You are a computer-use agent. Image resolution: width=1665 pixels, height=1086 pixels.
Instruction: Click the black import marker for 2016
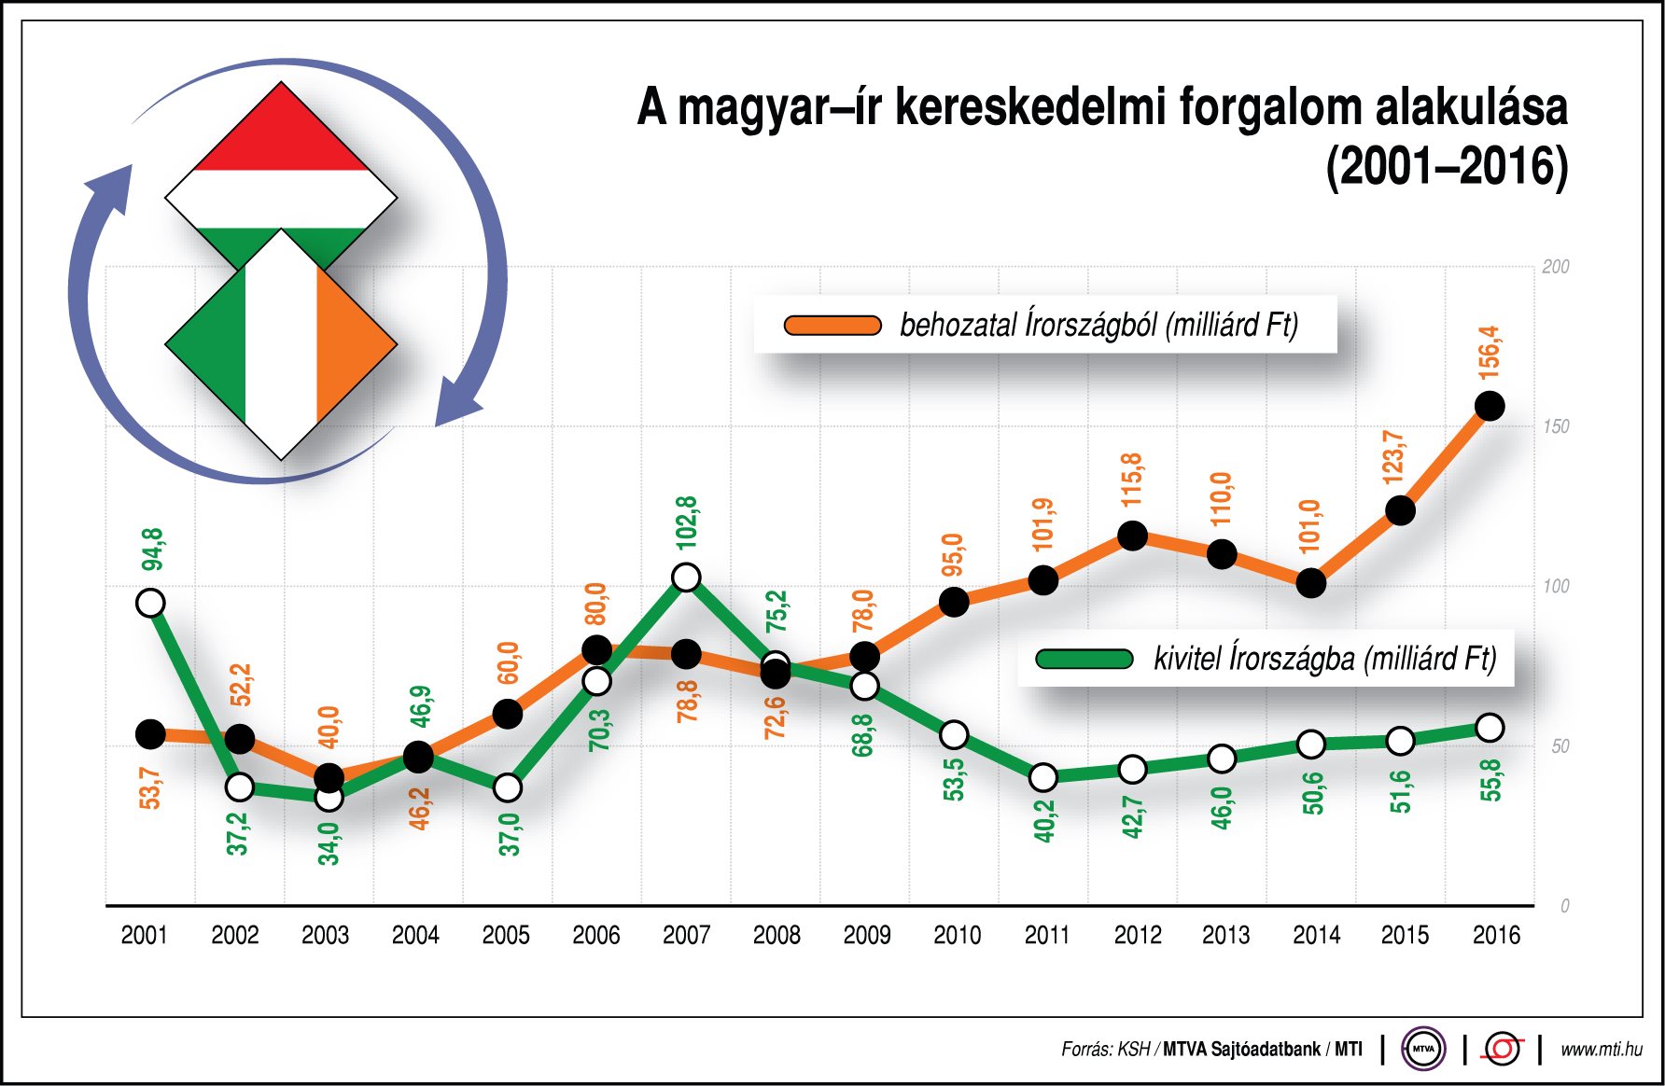coord(1490,406)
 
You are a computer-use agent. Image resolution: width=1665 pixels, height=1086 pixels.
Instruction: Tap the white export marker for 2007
coord(686,578)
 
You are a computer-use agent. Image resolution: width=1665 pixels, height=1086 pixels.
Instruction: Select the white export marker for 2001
coord(150,603)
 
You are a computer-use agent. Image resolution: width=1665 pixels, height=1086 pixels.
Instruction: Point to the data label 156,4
coord(1490,353)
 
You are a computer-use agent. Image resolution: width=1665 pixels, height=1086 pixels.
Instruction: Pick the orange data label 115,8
coord(1132,480)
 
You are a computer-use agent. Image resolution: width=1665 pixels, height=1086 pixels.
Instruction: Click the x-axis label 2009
coord(866,935)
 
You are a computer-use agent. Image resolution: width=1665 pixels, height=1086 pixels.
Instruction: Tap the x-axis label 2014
coord(1316,935)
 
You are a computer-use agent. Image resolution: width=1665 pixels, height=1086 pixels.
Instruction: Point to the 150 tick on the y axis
coord(1556,426)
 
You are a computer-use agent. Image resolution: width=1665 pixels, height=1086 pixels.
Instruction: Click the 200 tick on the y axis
coord(1556,267)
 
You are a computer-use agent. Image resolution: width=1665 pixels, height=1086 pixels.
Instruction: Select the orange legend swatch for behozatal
coord(832,325)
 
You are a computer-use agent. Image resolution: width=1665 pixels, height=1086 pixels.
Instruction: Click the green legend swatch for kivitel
coord(1084,659)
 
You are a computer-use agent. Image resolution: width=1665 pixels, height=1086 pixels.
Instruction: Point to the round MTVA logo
coord(1422,1049)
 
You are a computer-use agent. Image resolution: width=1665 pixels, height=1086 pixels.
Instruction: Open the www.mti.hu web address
coord(1602,1050)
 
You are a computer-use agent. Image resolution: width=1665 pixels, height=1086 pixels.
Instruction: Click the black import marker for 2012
coord(1132,536)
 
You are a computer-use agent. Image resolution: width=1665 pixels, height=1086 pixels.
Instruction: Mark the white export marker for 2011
coord(1042,777)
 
